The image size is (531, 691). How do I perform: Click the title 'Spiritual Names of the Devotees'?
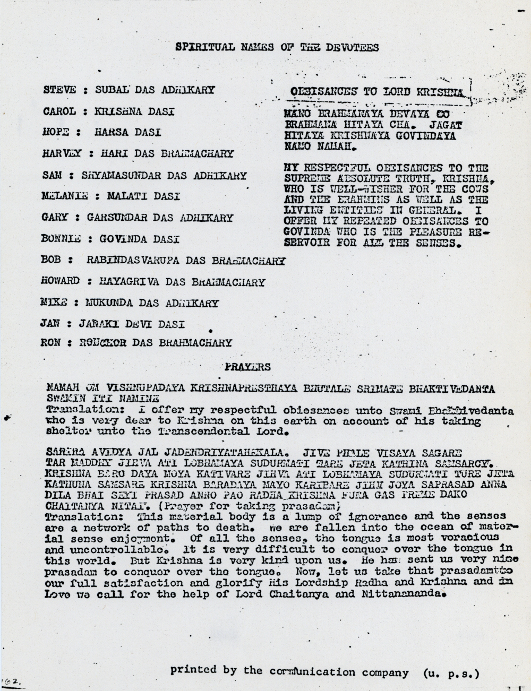pyautogui.click(x=277, y=47)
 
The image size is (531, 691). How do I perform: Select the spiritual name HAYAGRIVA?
pyautogui.click(x=127, y=282)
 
